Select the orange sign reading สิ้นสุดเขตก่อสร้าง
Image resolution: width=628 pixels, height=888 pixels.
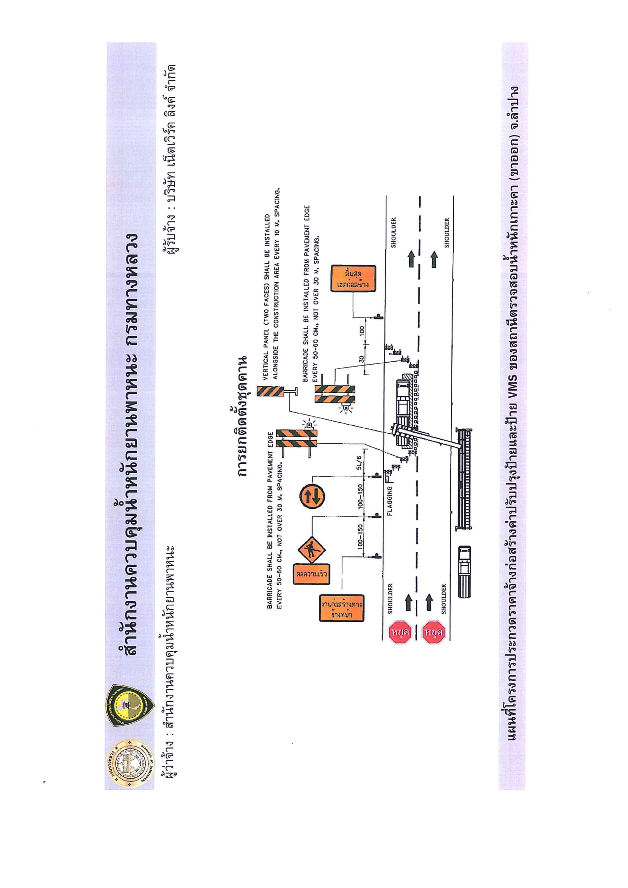coord(353,278)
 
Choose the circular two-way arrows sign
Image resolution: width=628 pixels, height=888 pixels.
coord(312,496)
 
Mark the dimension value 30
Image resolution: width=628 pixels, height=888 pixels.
coord(361,359)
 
